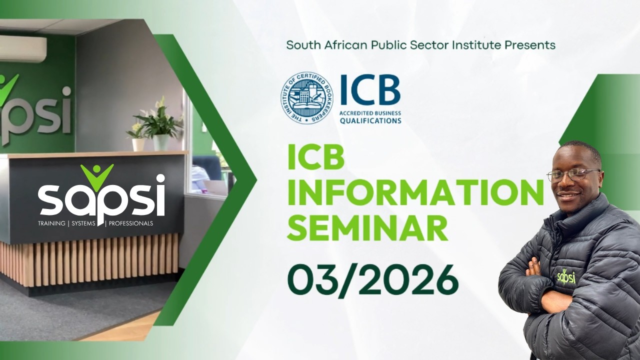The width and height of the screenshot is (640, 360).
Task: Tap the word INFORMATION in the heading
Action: click(x=415, y=192)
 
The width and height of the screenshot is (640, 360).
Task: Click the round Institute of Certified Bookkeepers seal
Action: click(x=306, y=98)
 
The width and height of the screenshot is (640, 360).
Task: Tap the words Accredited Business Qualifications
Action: click(x=370, y=117)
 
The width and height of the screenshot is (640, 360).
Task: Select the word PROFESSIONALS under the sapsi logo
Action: click(x=131, y=223)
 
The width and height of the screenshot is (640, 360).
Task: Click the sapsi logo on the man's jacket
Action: click(x=566, y=276)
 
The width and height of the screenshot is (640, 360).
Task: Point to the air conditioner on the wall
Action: click(x=22, y=48)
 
